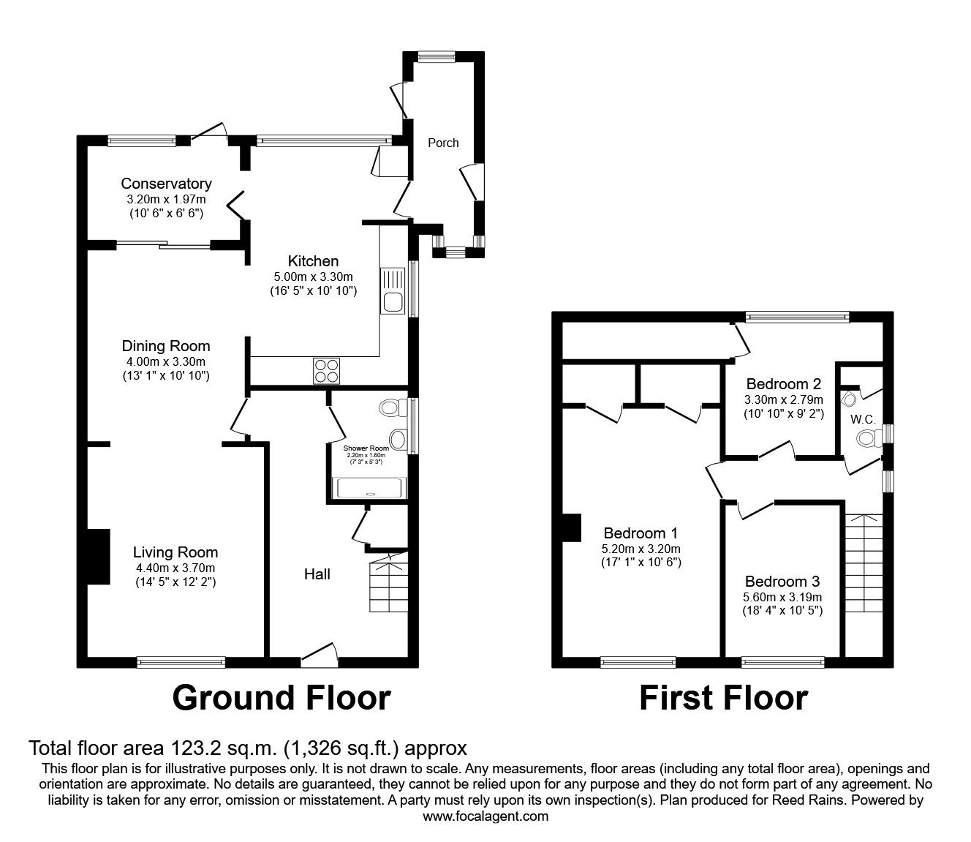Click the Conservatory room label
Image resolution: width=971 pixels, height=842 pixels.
[x=166, y=184]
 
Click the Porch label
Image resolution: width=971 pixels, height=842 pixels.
[x=443, y=143]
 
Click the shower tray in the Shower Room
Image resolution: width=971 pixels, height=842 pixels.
[x=369, y=488]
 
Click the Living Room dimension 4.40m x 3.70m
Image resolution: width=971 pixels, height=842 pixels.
[x=175, y=568]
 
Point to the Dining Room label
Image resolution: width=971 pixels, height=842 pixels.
[x=166, y=346]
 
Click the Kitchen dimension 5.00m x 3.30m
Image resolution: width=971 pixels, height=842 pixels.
[x=313, y=277]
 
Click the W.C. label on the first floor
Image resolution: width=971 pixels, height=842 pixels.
[x=859, y=420]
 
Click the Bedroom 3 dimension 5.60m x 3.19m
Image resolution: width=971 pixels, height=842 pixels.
[x=783, y=596]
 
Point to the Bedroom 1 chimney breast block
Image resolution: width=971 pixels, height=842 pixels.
[x=571, y=529]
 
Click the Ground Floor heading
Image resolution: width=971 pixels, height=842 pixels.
[x=282, y=698]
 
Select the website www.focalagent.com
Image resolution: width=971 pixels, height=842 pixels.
[x=485, y=816]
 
